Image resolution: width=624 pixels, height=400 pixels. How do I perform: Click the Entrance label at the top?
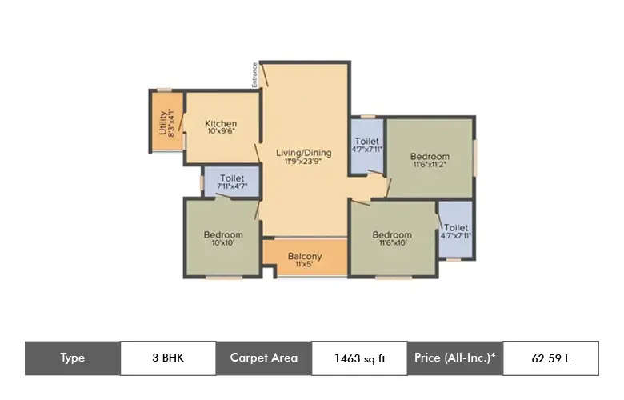[255, 74]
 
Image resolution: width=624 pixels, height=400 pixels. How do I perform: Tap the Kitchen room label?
[221, 123]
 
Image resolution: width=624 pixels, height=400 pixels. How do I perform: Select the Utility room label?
[163, 123]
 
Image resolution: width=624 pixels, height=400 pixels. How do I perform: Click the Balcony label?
[305, 256]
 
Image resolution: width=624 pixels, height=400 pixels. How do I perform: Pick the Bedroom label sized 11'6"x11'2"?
[430, 156]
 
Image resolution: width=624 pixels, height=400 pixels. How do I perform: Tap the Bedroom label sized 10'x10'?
[222, 234]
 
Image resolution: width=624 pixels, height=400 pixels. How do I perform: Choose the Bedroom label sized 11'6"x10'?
[392, 234]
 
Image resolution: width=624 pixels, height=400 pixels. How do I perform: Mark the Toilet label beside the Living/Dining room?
[367, 142]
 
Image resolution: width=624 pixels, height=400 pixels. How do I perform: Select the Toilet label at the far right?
[456, 227]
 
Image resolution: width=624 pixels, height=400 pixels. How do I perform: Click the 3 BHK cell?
[168, 358]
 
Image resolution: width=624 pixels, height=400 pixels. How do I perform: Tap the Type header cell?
[72, 358]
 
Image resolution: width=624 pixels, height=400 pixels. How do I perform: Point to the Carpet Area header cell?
[263, 358]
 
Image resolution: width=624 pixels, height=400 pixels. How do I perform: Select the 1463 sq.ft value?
[359, 358]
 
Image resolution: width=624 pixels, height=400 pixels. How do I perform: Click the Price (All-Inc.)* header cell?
[454, 358]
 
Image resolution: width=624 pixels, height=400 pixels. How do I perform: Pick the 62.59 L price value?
[550, 358]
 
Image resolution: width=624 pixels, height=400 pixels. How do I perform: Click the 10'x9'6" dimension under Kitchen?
[221, 133]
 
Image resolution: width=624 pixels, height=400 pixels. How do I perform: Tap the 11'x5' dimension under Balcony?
[305, 266]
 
